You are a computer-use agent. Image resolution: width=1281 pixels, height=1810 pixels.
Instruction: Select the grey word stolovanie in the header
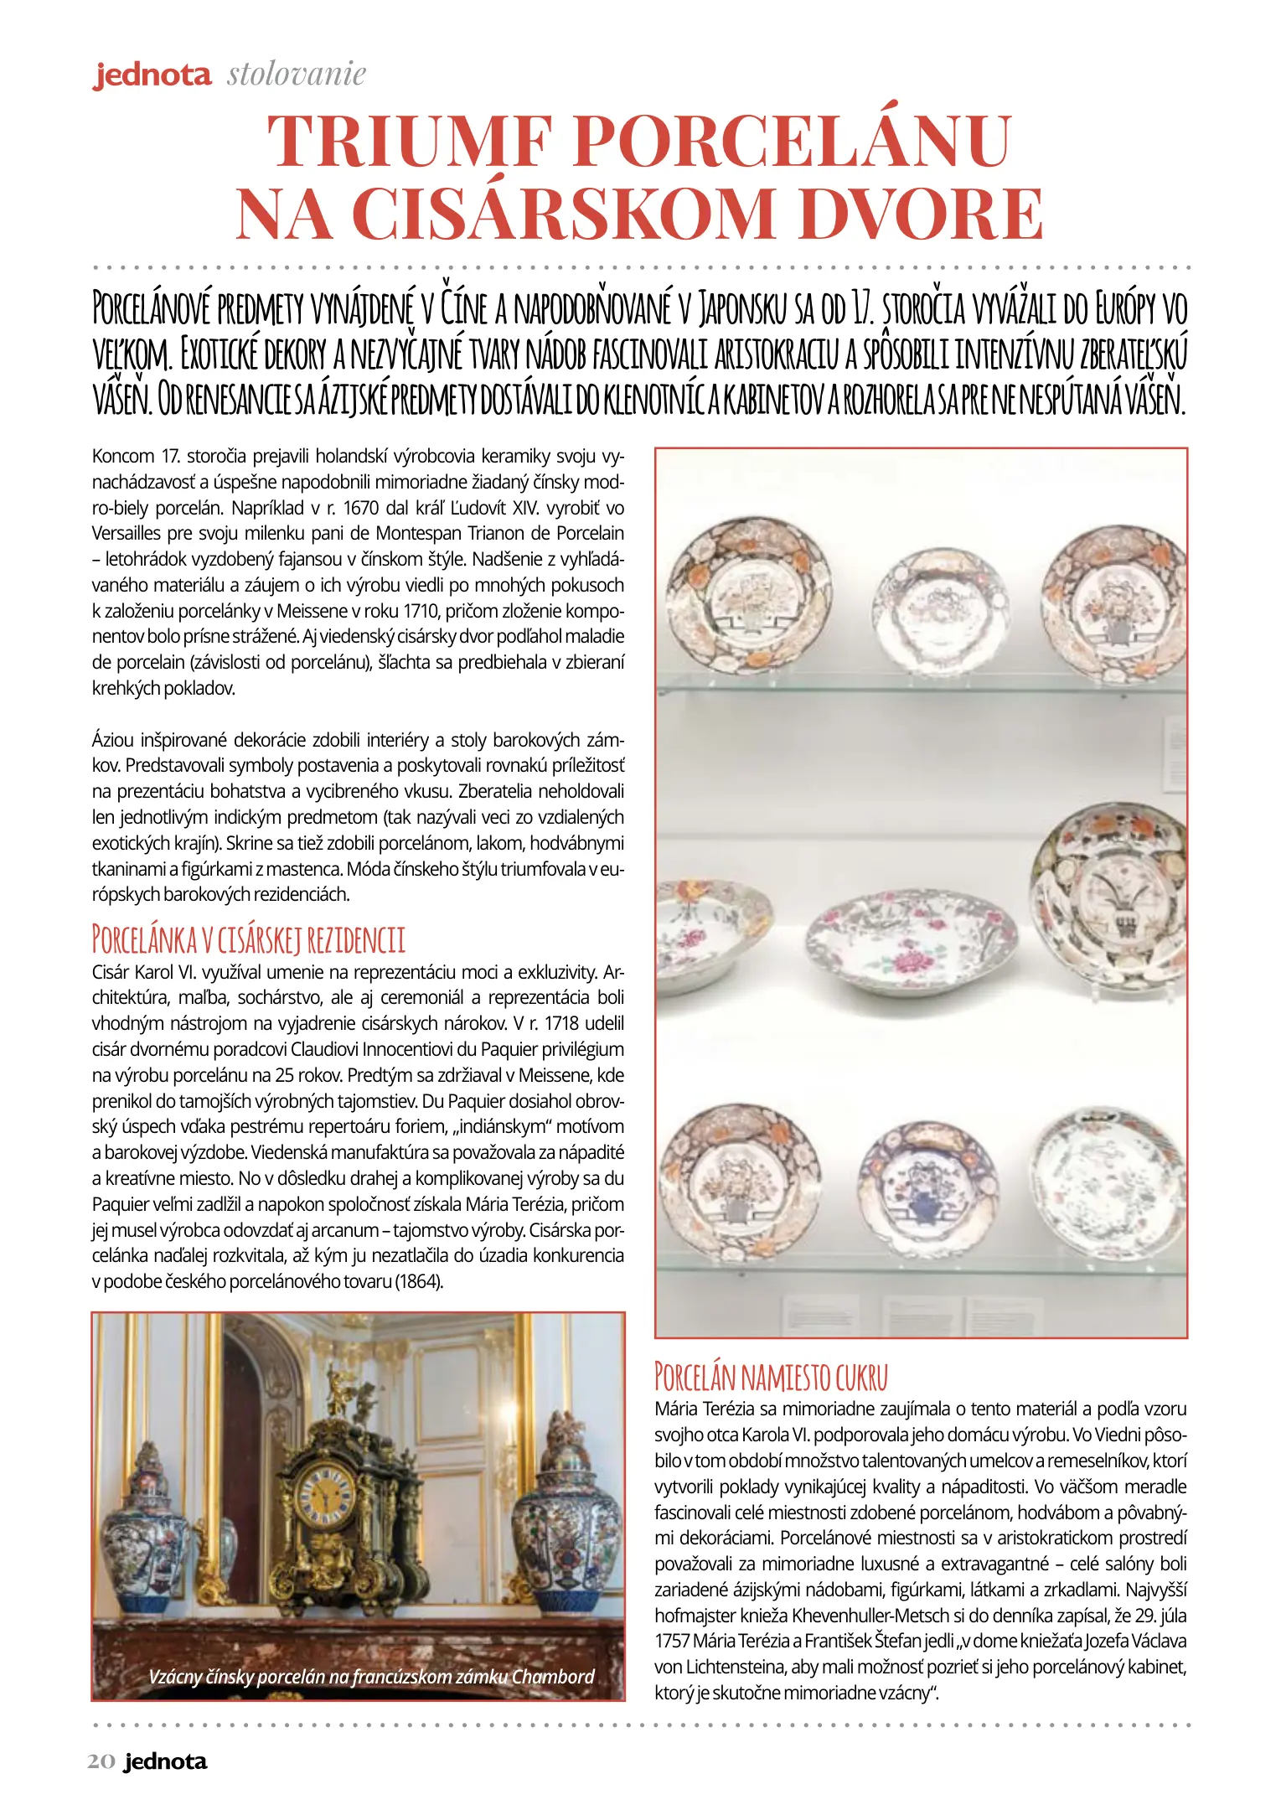tap(297, 75)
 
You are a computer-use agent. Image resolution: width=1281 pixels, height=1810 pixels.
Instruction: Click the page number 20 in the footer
tap(101, 1762)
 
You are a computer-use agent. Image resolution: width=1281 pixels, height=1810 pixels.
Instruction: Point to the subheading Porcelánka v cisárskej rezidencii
tap(248, 939)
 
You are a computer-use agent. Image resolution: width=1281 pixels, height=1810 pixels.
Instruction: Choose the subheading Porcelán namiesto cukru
tap(771, 1376)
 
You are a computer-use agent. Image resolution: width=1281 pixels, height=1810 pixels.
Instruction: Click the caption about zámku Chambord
tap(371, 1676)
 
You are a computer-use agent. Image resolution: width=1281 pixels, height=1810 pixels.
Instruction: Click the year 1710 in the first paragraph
tap(421, 611)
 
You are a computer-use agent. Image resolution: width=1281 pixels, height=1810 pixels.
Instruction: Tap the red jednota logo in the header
tap(152, 75)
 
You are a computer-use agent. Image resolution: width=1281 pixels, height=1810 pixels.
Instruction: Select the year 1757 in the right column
tap(672, 1640)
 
